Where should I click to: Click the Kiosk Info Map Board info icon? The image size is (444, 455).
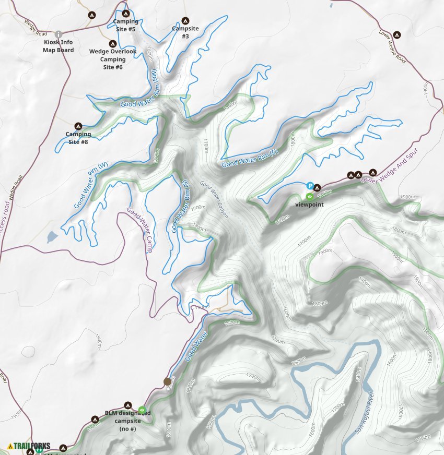[59, 34]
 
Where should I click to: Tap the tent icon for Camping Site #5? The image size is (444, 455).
[125, 13]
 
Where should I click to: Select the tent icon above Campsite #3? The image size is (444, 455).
[185, 20]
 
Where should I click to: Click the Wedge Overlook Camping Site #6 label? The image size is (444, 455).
[113, 59]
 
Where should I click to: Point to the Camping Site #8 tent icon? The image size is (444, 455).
[78, 126]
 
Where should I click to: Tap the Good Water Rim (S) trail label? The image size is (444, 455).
[180, 206]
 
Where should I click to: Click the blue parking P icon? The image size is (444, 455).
[310, 186]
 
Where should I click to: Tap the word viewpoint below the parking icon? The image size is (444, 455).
[309, 205]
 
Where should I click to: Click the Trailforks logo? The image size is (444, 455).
[29, 446]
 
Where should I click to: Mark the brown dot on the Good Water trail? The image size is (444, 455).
[167, 381]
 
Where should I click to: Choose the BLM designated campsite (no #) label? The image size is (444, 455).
[127, 420]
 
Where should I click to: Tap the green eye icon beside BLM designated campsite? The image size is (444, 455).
[142, 410]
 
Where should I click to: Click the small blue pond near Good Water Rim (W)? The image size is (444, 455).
[52, 237]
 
